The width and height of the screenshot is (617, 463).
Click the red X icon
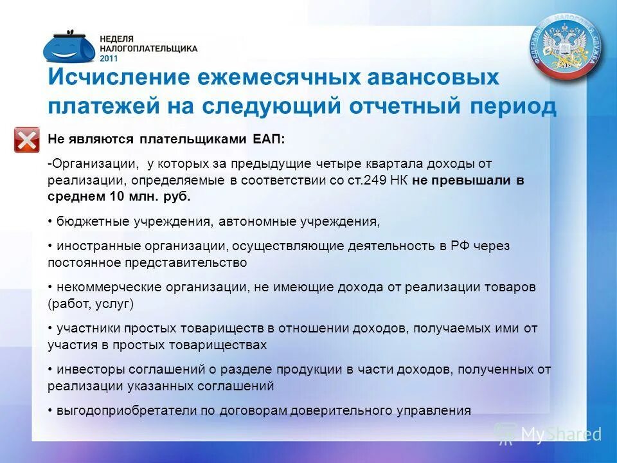click(26, 140)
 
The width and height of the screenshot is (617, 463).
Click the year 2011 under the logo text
click(109, 57)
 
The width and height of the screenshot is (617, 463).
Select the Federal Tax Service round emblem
click(566, 47)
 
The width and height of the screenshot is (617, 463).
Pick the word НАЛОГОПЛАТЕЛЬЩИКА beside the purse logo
click(148, 48)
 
